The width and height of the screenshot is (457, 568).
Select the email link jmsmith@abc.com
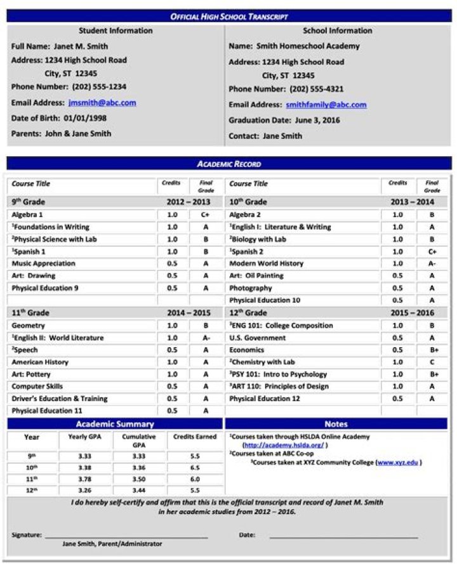point(102,103)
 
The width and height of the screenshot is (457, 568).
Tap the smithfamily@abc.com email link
point(326,105)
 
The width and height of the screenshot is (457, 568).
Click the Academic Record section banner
point(228,164)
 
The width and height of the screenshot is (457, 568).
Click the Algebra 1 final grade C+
point(206,215)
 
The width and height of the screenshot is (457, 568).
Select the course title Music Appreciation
point(43,263)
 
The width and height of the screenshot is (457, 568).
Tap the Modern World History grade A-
point(432,263)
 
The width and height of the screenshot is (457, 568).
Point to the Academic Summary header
point(115,424)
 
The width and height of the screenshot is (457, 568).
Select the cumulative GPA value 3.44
point(138,491)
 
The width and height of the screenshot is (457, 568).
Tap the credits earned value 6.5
point(195,468)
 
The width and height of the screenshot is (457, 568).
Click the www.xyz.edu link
point(398,463)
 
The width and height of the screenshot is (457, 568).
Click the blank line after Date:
point(343,537)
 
